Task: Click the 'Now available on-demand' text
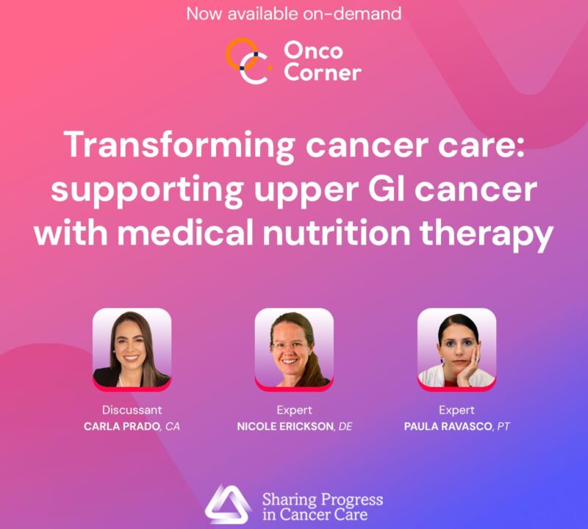coord(294,13)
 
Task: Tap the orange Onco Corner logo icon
coord(245,62)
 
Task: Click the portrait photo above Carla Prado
coord(132,348)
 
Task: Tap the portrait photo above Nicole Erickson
coord(294,348)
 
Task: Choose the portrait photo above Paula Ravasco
coord(456,348)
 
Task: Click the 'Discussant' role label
coord(132,410)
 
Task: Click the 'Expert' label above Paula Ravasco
coord(456,410)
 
